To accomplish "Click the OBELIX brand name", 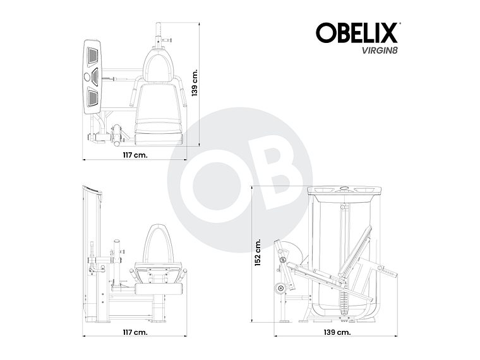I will point(356,33).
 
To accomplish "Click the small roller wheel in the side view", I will point(279,289).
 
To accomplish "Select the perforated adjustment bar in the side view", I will point(389,273).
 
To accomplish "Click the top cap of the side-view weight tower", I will point(344,189).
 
